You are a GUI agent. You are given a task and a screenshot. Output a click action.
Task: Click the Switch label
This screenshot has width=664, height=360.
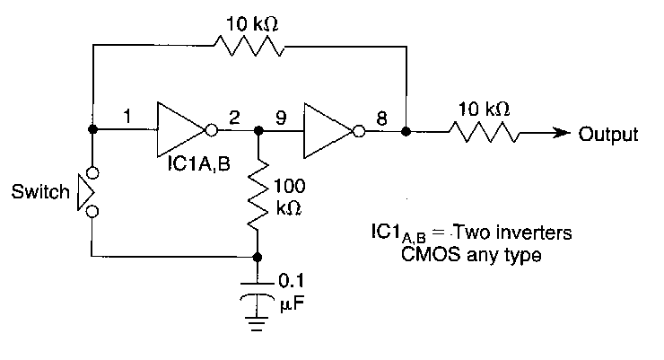(x=40, y=191)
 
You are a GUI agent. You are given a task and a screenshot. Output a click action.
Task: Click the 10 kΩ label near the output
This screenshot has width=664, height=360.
(x=485, y=109)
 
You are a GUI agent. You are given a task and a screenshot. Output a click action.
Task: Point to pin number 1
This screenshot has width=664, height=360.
(x=127, y=116)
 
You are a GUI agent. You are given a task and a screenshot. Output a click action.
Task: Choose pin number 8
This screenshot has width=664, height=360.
(x=381, y=116)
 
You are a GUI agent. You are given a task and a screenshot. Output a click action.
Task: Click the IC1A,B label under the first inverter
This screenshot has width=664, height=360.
(x=196, y=167)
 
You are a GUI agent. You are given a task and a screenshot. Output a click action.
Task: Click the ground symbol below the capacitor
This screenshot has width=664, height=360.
(x=258, y=321)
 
